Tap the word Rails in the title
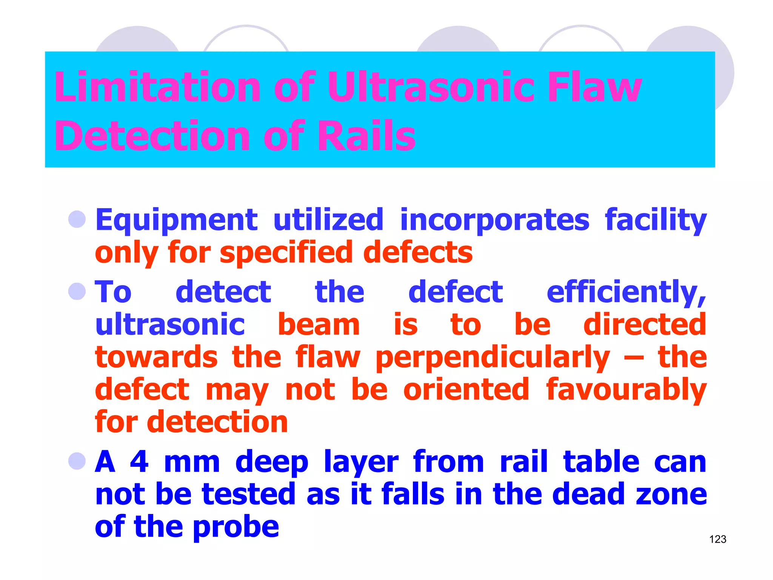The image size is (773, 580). click(366, 136)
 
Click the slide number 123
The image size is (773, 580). click(718, 539)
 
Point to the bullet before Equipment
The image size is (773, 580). click(77, 219)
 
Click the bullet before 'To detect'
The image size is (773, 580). click(77, 292)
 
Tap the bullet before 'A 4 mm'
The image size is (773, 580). click(77, 461)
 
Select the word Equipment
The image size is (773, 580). click(176, 220)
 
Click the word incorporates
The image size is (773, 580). click(494, 220)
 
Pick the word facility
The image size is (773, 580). click(656, 220)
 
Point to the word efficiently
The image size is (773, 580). click(626, 292)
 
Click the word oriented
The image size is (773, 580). click(467, 390)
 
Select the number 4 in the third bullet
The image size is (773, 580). click(139, 461)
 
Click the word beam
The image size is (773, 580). click(319, 325)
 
